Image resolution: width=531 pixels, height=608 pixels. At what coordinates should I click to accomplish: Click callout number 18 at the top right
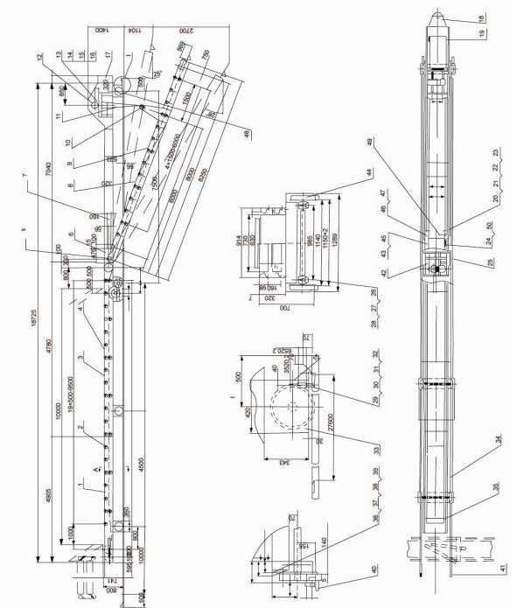479,17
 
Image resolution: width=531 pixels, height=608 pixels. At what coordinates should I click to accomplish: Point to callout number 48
247,133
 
